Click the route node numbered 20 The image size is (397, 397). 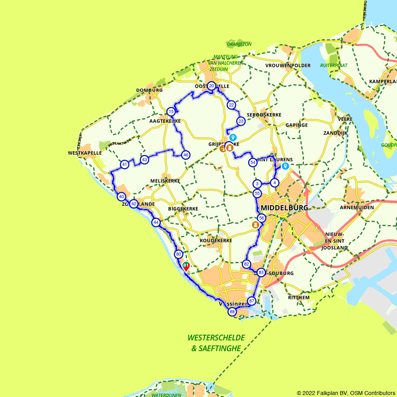[x=212, y=86]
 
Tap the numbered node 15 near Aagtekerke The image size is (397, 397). [x=171, y=112]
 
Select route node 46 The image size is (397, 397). [x=185, y=155]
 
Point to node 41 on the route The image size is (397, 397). [x=125, y=164]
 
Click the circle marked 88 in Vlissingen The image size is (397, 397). [x=232, y=312]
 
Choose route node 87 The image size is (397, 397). [x=251, y=301]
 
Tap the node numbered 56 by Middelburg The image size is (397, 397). [x=261, y=218]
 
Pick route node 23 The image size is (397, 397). [x=241, y=121]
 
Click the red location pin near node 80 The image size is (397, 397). [x=186, y=266]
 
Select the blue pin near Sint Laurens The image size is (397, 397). [x=285, y=166]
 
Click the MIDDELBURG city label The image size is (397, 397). [x=284, y=208]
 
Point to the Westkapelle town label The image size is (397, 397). [x=85, y=153]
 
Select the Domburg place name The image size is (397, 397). [x=149, y=90]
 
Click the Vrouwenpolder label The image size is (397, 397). [x=282, y=65]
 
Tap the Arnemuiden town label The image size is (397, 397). [x=357, y=207]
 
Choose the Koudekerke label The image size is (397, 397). [x=216, y=241]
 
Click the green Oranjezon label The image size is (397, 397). [x=239, y=44]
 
